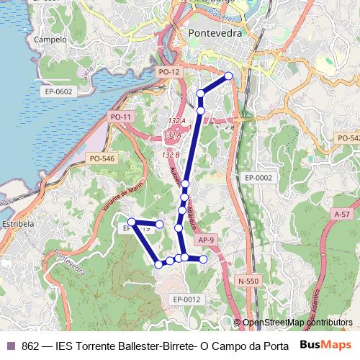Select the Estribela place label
(x=19, y=224)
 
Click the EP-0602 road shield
(x=58, y=91)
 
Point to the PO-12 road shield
(x=168, y=72)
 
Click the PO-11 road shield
(x=121, y=117)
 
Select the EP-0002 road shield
(x=258, y=177)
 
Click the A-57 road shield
(x=342, y=215)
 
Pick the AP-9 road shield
(x=207, y=240)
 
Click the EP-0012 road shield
(x=186, y=299)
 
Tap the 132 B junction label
(x=171, y=155)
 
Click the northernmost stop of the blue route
(x=229, y=76)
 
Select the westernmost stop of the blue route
(x=132, y=221)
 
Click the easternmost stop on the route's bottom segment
(x=203, y=258)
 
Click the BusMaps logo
(x=325, y=346)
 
